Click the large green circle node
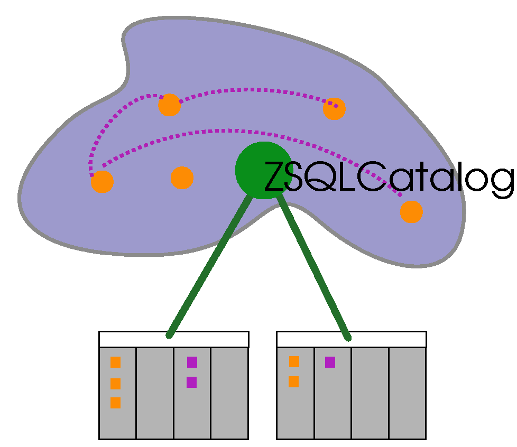click(x=262, y=171)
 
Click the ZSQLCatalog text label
click(x=389, y=178)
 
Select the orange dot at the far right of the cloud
click(x=411, y=211)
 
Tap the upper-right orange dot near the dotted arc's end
click(x=334, y=109)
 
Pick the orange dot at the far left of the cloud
click(x=102, y=182)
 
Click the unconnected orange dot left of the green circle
click(x=182, y=178)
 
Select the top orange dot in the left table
click(x=115, y=362)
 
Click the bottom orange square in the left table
click(x=115, y=403)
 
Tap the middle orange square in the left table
click(x=115, y=384)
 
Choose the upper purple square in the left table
click(x=192, y=362)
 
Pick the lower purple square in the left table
click(x=191, y=382)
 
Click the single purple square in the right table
click(x=330, y=362)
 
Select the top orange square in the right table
click(x=294, y=362)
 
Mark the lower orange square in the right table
click(x=293, y=381)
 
